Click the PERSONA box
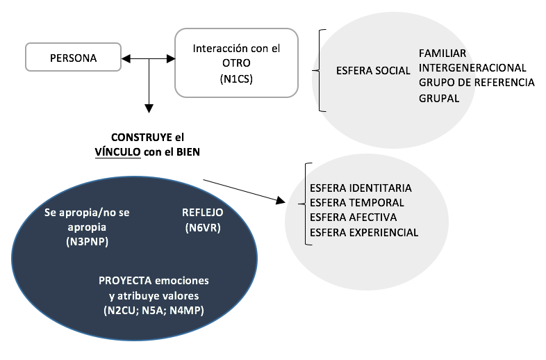[73, 56]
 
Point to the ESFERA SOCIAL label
[372, 71]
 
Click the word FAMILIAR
[442, 53]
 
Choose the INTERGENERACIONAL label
[472, 67]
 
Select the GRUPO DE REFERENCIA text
[477, 83]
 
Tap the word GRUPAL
[439, 98]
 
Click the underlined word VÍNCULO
[119, 153]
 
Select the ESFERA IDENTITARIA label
[361, 188]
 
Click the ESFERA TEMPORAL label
[357, 203]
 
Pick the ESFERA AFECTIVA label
[354, 218]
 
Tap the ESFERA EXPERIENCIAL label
[364, 232]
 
